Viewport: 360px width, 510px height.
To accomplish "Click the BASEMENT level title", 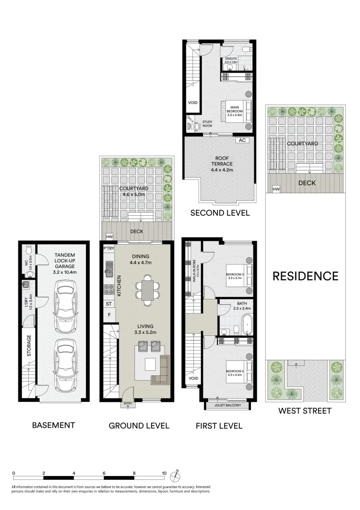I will pyautogui.click(x=53, y=425).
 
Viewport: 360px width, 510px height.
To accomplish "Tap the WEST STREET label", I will pyautogui.click(x=304, y=411).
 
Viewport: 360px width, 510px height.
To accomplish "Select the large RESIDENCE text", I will pyautogui.click(x=305, y=276).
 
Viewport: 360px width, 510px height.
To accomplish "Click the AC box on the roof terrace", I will pyautogui.click(x=243, y=140).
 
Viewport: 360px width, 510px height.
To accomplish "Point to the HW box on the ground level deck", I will pyautogui.click(x=109, y=237).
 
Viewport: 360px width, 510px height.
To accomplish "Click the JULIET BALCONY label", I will pyautogui.click(x=227, y=405).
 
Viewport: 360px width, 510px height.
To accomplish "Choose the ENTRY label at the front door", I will pyautogui.click(x=127, y=404).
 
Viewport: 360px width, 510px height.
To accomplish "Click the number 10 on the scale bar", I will pyautogui.click(x=164, y=473).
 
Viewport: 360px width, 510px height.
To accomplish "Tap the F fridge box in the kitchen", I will pyautogui.click(x=109, y=314).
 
